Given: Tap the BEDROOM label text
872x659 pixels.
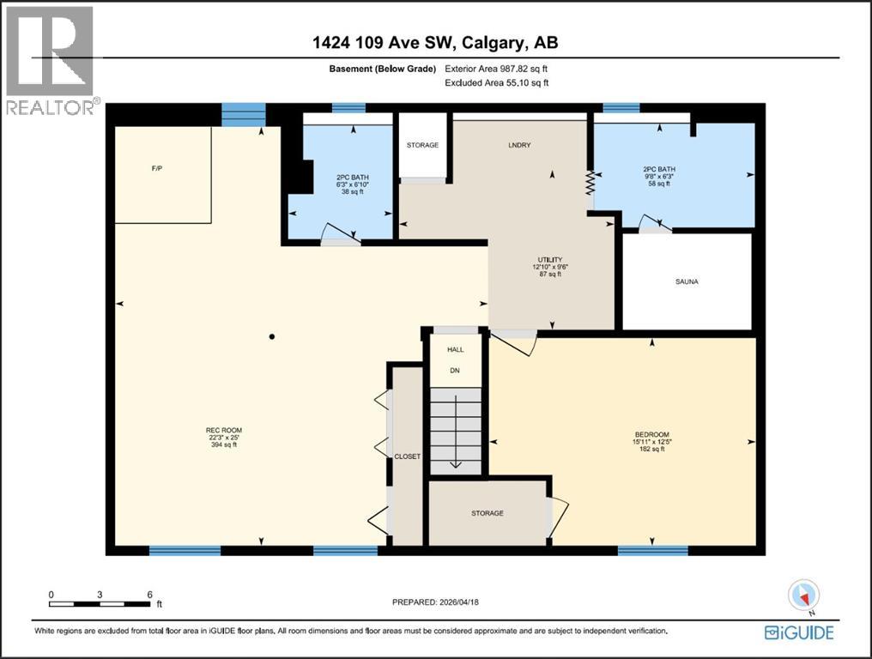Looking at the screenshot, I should pyautogui.click(x=651, y=434).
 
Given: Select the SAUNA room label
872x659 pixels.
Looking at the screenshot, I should pyautogui.click(x=686, y=281).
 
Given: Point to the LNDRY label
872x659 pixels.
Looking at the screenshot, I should pyautogui.click(x=519, y=145).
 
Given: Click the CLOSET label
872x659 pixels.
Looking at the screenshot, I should pyautogui.click(x=408, y=456).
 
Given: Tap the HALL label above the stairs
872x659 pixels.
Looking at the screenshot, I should pyautogui.click(x=455, y=350).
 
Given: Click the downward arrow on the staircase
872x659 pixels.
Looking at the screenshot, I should pyautogui.click(x=455, y=464).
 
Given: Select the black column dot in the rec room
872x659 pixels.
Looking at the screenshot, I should pyautogui.click(x=271, y=336).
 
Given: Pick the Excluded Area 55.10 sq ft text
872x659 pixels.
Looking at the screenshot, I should pyautogui.click(x=496, y=83).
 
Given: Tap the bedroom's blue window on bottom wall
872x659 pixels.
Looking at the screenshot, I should pyautogui.click(x=652, y=550).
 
